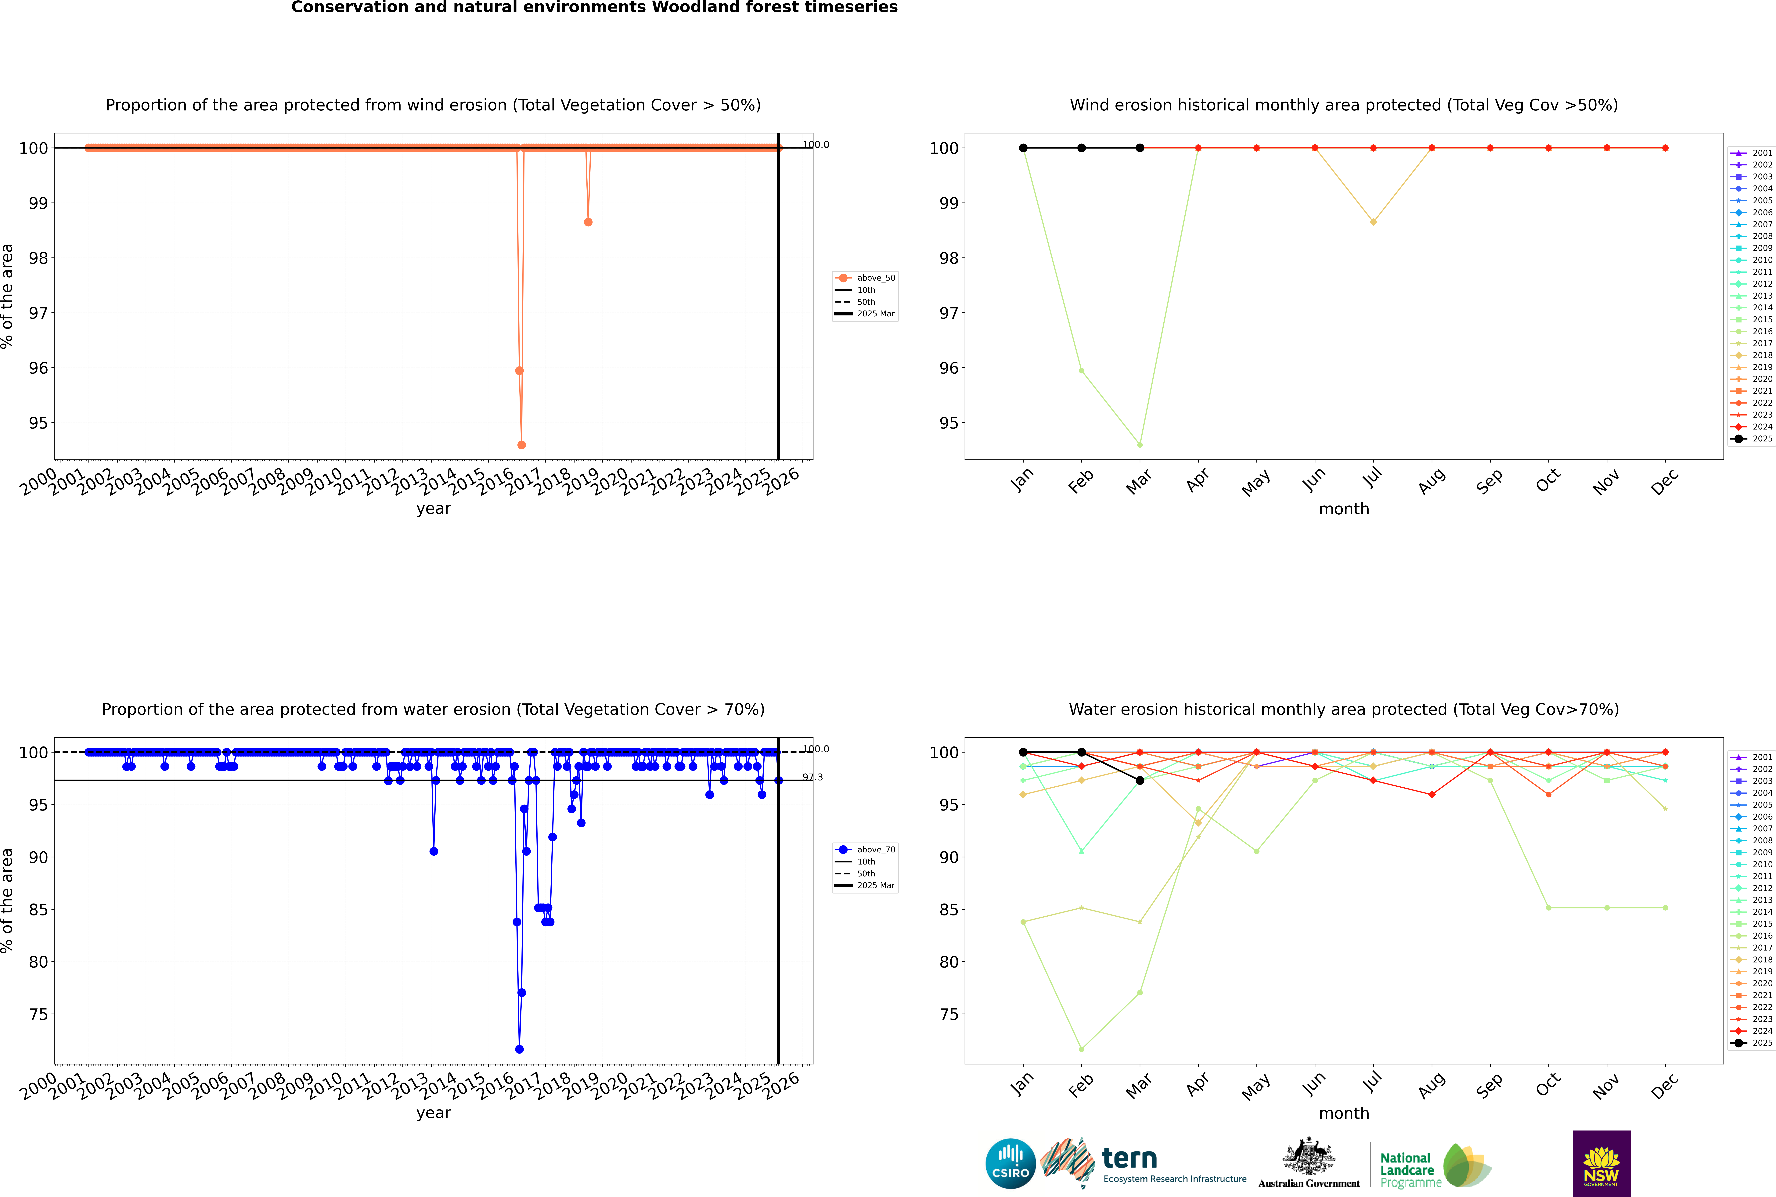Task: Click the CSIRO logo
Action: click(x=1010, y=1163)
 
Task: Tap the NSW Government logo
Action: click(x=1601, y=1163)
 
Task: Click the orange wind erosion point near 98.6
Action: click(x=588, y=222)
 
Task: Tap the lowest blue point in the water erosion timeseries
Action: click(x=519, y=1049)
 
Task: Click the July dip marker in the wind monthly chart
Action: click(x=1373, y=222)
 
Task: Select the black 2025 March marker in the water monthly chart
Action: click(x=1140, y=780)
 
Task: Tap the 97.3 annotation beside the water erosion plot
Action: click(x=812, y=777)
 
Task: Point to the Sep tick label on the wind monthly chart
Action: click(x=1490, y=481)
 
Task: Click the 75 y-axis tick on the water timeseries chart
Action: click(x=38, y=1015)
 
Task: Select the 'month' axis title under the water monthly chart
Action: click(x=1344, y=1113)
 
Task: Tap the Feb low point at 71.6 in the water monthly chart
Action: click(x=1081, y=1049)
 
